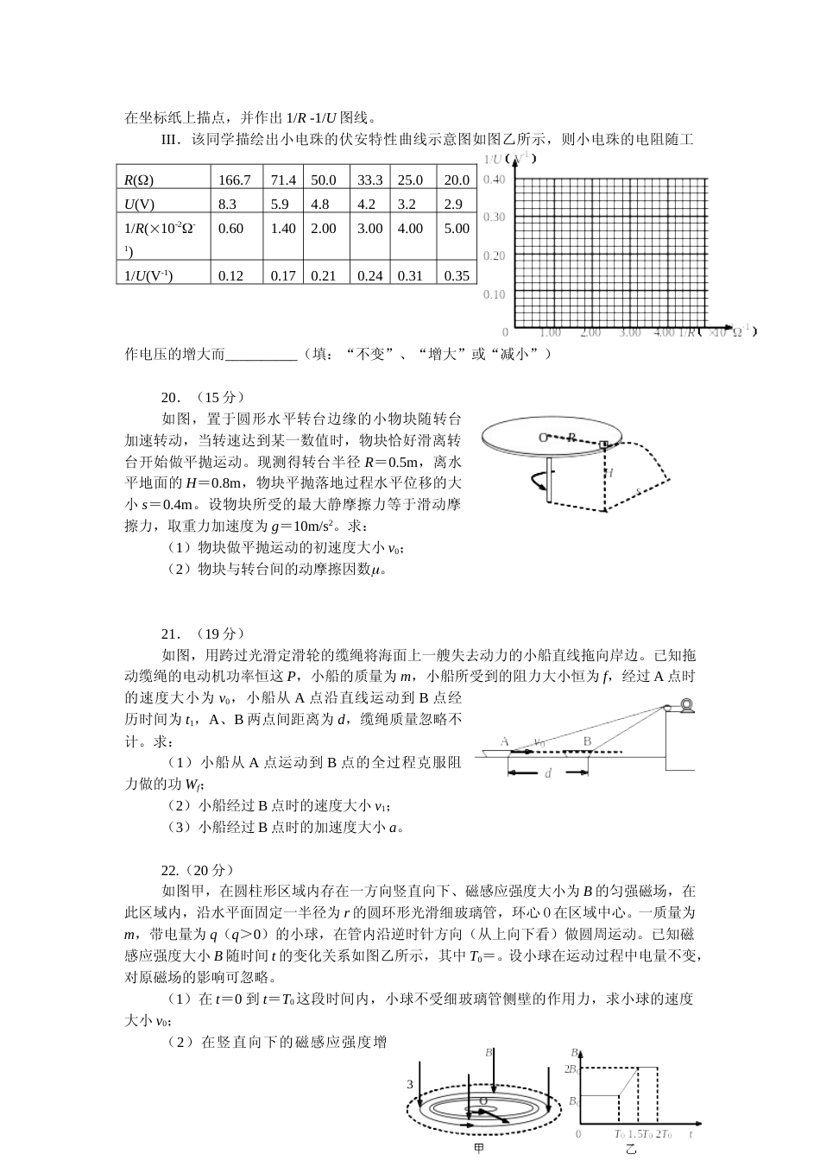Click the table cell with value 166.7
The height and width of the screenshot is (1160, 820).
[235, 180]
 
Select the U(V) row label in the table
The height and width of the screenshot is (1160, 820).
[139, 205]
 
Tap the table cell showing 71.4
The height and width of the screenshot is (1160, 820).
[283, 180]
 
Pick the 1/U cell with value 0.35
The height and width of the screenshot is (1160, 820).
[457, 276]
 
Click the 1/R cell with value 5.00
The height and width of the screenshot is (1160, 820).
[457, 229]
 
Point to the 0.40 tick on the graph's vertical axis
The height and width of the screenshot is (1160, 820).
[495, 180]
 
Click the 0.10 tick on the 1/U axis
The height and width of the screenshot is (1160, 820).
[495, 294]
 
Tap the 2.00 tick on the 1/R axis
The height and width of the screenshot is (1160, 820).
[590, 332]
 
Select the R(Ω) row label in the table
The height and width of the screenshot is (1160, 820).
[139, 180]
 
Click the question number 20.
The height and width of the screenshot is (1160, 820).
[170, 397]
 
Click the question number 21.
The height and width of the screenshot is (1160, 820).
[170, 634]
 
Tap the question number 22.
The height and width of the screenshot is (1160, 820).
[169, 870]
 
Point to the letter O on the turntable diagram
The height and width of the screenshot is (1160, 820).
[543, 438]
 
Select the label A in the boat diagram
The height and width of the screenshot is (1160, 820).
[505, 741]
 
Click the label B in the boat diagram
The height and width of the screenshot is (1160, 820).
[587, 741]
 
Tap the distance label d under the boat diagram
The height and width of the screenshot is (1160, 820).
[548, 773]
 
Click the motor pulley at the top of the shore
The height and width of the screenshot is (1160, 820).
[685, 706]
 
